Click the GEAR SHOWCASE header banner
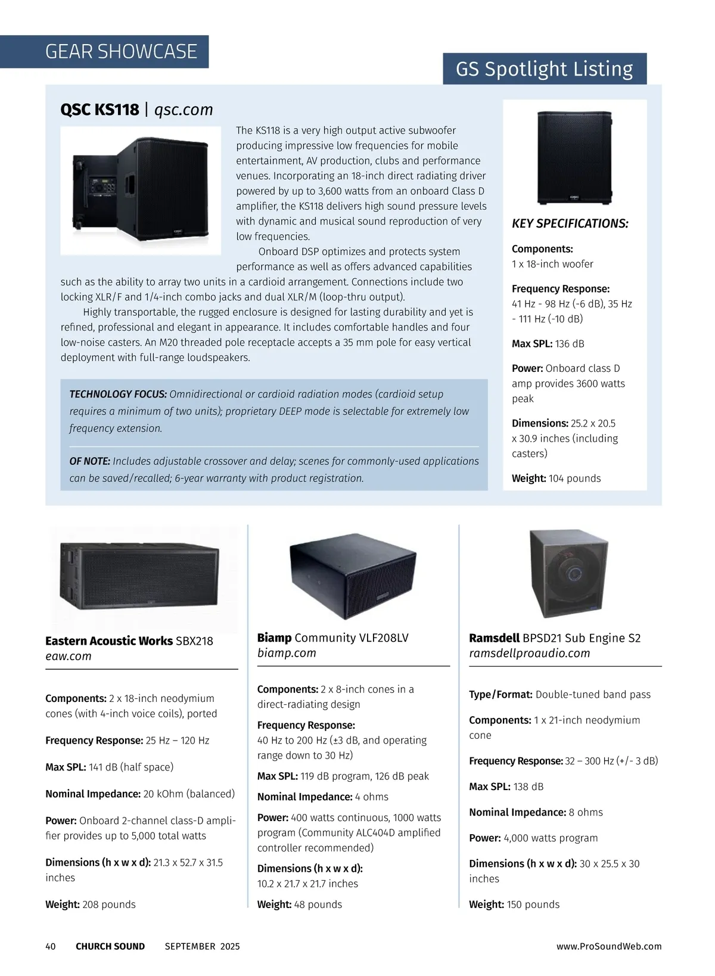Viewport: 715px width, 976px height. click(x=121, y=52)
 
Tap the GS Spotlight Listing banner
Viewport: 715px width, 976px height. click(x=545, y=69)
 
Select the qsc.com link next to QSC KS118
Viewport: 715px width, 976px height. click(x=184, y=110)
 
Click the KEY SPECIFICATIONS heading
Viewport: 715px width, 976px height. click(x=570, y=223)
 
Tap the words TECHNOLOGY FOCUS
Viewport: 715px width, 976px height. click(x=118, y=394)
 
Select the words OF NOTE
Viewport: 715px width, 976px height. click(x=90, y=461)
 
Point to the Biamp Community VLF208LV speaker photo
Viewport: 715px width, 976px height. click(x=352, y=571)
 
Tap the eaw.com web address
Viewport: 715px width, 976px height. click(x=69, y=656)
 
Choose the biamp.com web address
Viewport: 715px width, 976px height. click(x=287, y=653)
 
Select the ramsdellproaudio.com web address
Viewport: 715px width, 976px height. click(x=529, y=653)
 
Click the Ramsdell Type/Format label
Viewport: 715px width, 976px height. click(x=500, y=695)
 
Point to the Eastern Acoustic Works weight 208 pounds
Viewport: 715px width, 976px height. click(x=109, y=904)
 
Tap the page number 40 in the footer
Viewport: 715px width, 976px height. click(x=51, y=946)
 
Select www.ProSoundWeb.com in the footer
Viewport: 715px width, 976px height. click(x=609, y=946)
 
